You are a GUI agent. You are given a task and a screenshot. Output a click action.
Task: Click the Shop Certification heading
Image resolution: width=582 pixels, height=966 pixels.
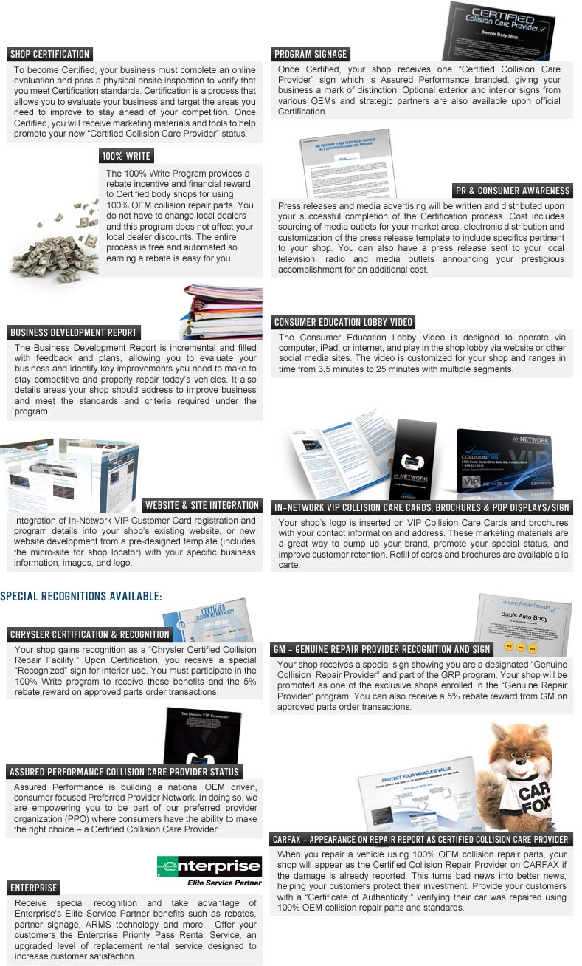point(49,54)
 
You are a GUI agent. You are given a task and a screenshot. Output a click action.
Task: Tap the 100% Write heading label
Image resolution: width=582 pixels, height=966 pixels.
point(126,156)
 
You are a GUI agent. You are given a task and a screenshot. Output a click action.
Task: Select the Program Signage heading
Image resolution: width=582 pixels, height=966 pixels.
point(311,54)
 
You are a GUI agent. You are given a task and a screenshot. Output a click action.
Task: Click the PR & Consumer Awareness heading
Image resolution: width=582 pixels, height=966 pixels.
point(513,191)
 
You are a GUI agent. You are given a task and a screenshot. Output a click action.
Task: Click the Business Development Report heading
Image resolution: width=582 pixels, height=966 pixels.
point(74,332)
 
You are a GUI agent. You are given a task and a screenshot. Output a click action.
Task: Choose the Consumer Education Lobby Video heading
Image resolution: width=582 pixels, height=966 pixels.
point(343,322)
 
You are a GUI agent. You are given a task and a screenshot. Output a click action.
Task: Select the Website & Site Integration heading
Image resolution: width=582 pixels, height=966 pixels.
point(202,505)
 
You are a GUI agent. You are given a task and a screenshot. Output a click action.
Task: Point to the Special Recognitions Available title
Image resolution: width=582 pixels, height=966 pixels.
point(81,597)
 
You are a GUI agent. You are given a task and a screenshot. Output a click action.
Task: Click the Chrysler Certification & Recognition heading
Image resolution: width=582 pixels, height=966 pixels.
point(90,634)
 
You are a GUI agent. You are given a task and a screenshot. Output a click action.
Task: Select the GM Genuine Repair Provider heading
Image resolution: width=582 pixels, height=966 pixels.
point(381,650)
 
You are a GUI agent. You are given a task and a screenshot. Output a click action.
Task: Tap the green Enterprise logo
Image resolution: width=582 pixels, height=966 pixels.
point(209,866)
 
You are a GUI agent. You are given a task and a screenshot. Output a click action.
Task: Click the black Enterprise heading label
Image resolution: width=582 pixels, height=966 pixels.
point(34,888)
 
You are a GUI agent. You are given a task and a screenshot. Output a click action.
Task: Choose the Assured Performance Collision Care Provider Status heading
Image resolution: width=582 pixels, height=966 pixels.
point(124,772)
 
